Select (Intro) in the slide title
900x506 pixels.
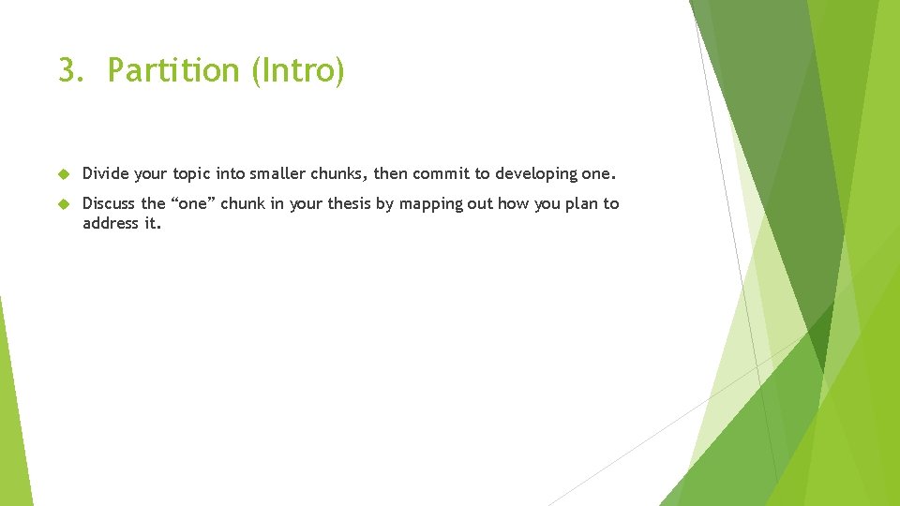coord(297,71)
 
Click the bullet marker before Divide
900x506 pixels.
coord(64,174)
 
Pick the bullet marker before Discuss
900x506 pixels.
coord(64,204)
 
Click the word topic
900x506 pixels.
coord(191,173)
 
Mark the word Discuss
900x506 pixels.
coord(109,203)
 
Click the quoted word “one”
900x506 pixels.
coord(192,203)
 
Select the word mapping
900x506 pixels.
coord(433,204)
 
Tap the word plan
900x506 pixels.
coord(582,204)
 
